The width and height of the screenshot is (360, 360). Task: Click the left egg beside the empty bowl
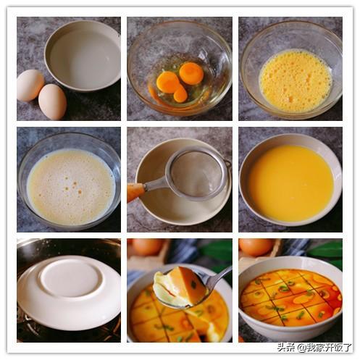30,85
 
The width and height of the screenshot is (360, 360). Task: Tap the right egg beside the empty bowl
52,101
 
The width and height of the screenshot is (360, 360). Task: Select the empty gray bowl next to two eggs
83,56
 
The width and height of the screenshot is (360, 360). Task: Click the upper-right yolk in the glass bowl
191,74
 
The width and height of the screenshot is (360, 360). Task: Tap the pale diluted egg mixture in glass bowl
70,187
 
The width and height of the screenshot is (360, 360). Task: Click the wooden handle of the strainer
135,191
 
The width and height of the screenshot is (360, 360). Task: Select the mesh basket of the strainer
198,172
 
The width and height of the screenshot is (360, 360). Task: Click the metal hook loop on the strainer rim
227,164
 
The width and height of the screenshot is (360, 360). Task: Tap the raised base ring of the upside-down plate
70,277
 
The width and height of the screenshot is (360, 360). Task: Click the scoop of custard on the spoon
180,287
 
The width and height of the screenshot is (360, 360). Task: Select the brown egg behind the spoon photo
147,246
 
